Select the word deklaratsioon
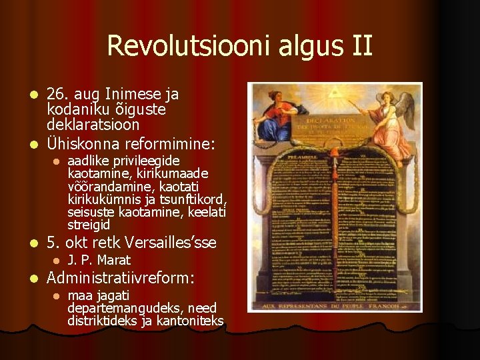point(93,125)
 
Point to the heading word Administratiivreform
point(119,277)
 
